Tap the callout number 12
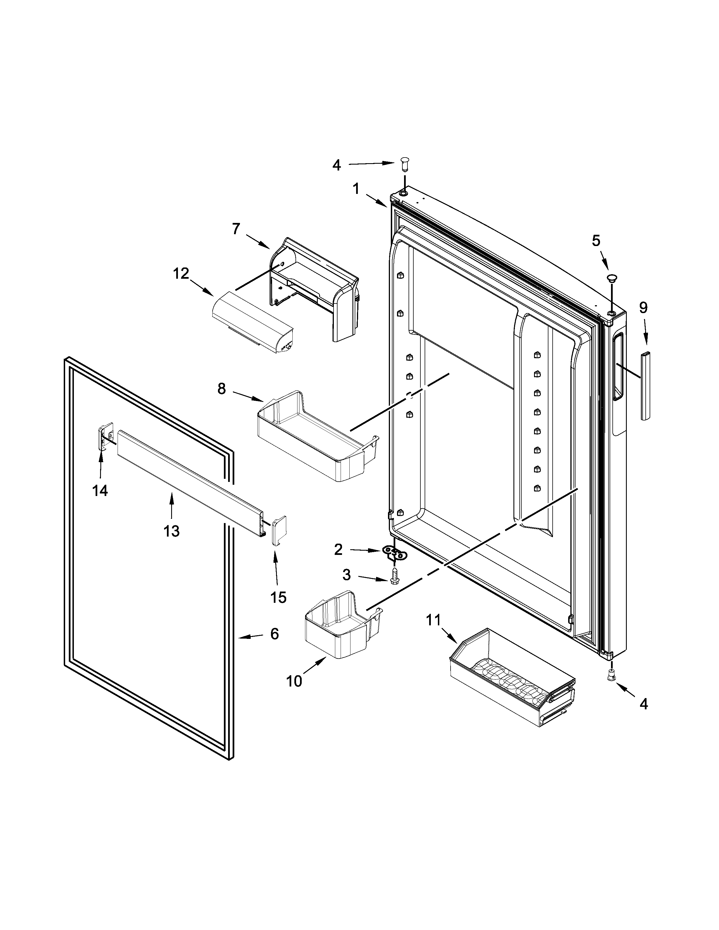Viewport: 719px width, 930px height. (181, 274)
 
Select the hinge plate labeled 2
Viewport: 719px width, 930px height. (395, 553)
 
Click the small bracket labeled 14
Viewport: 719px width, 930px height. (105, 435)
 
